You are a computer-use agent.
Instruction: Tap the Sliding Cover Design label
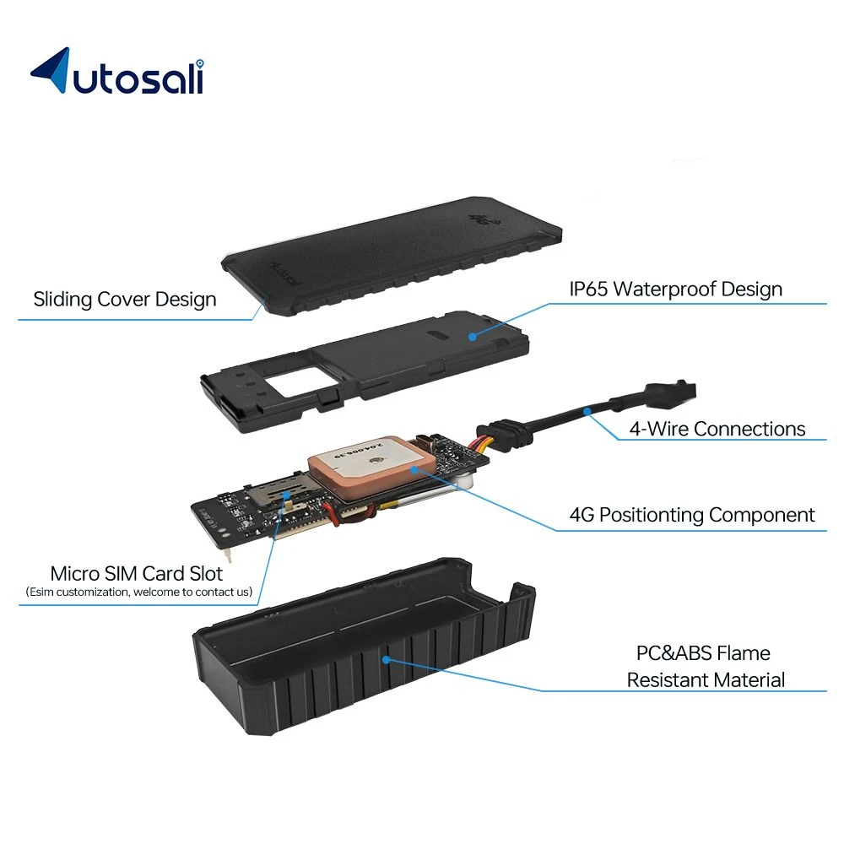(125, 300)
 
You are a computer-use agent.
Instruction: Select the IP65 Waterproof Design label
(675, 289)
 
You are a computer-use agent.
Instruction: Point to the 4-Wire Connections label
(717, 429)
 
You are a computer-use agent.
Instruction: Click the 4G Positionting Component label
(692, 515)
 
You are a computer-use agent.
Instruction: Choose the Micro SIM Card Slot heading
(136, 574)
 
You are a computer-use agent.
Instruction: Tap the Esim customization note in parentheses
(139, 592)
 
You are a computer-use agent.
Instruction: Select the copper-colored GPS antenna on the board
(371, 467)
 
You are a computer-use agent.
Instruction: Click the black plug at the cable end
(671, 393)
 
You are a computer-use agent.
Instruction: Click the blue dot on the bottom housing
(386, 659)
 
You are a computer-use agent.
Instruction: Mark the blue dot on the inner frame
(472, 337)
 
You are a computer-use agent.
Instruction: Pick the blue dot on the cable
(587, 412)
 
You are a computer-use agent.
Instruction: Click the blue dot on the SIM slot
(287, 495)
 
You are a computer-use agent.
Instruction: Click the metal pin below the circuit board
(228, 554)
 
